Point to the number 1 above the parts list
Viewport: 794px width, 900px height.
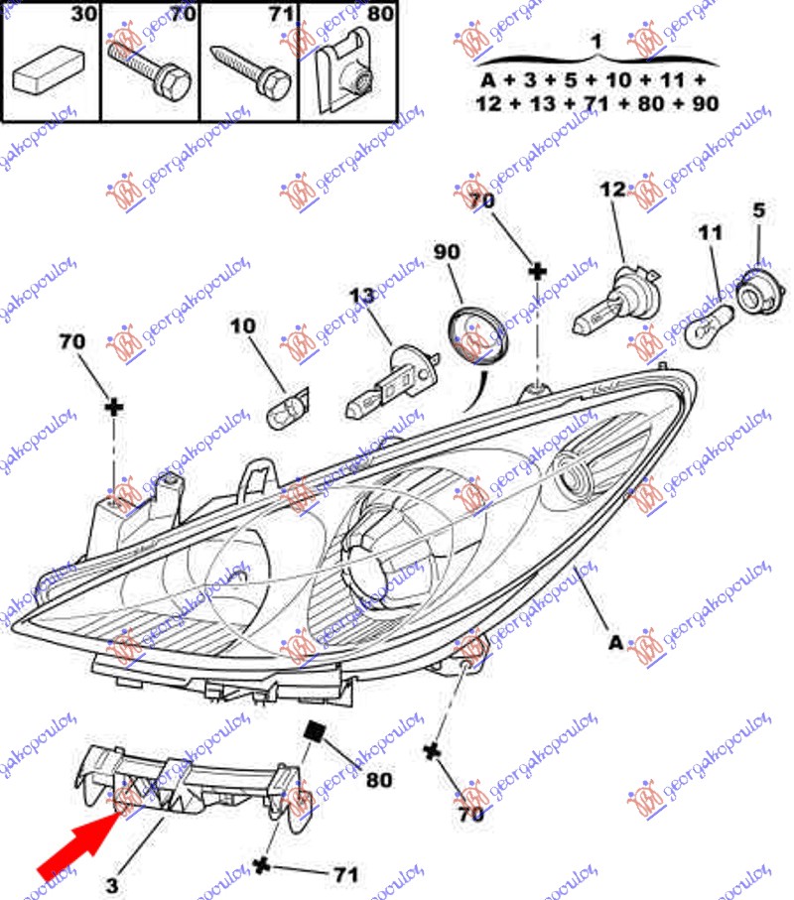595,42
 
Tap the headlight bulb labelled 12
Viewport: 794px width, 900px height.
616,297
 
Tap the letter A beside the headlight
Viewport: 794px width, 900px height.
615,643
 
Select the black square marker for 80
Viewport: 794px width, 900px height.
316,731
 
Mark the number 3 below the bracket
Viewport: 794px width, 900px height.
112,884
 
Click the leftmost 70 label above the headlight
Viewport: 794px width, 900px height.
71,341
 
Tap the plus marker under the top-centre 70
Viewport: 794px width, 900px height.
537,271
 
